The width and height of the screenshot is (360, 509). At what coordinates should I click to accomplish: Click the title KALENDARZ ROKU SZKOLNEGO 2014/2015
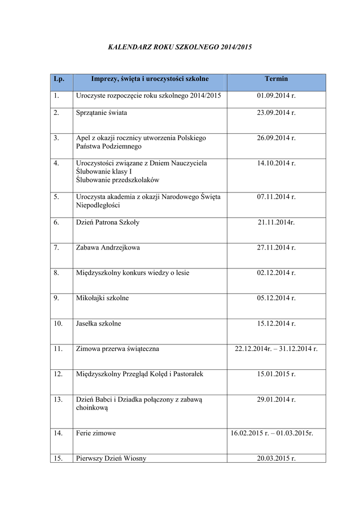point(180,47)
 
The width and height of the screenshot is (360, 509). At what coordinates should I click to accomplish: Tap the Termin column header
point(276,79)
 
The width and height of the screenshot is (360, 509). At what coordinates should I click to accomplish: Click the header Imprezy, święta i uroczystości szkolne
point(150,79)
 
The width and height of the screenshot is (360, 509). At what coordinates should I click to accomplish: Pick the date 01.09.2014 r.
point(276,95)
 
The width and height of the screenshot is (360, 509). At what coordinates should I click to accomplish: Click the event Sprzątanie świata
point(101,113)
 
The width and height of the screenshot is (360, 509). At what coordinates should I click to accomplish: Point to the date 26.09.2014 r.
point(276,138)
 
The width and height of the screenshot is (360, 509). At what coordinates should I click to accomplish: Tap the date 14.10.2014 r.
point(276,163)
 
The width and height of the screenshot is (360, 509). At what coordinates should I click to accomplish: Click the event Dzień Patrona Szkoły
point(108,222)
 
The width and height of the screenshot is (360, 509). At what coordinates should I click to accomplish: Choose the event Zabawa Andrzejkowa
point(108,248)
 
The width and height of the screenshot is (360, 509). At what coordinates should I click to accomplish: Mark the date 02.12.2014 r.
point(276,273)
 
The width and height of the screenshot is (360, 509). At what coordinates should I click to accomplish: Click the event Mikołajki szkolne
point(102,298)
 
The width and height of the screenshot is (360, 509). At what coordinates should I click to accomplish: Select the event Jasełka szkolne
point(98,324)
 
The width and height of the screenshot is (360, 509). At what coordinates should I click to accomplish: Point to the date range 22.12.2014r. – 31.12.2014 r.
point(276,349)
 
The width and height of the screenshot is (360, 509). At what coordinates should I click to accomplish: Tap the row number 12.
point(58,374)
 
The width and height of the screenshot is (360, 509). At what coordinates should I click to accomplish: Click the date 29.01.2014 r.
point(276,399)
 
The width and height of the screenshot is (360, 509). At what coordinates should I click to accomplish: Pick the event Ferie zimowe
point(96,433)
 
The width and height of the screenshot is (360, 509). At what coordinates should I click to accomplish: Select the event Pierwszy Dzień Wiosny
point(111,458)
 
